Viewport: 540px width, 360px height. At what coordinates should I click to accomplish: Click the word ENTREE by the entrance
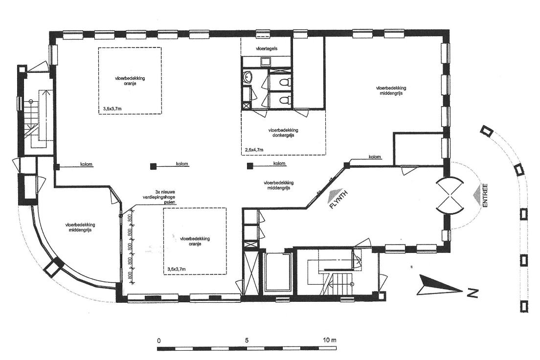tap(485, 196)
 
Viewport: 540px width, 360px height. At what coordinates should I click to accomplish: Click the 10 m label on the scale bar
tap(330, 340)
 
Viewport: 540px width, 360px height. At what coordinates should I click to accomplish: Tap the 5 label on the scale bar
tap(247, 340)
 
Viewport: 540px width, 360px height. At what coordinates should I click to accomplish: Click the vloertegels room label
tap(267, 48)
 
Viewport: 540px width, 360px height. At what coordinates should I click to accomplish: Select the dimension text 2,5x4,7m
tap(254, 150)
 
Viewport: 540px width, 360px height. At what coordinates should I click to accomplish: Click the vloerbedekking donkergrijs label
tap(283, 133)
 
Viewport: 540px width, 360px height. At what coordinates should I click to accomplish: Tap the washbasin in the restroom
tap(248, 77)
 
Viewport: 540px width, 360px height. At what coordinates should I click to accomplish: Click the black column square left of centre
tap(153, 166)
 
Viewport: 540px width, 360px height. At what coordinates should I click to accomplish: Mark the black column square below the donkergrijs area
tap(250, 166)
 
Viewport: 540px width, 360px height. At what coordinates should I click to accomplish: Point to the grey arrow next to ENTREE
tap(476, 195)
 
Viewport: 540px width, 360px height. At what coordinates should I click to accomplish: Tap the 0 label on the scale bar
tap(159, 341)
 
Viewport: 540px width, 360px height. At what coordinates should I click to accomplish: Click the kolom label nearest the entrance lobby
tap(375, 157)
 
